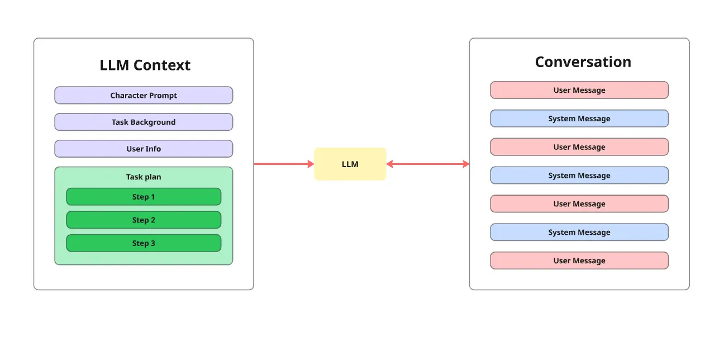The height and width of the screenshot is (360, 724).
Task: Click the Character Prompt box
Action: tap(144, 96)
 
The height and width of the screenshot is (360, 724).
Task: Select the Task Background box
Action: tap(144, 122)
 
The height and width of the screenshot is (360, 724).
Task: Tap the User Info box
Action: tap(144, 149)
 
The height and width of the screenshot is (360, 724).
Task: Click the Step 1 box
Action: tap(144, 197)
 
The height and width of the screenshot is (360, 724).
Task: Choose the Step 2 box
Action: tap(144, 220)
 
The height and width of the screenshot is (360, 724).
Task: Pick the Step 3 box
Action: tap(144, 243)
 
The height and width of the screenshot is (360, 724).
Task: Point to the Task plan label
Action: tap(144, 177)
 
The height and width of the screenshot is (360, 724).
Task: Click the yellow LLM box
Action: tap(350, 164)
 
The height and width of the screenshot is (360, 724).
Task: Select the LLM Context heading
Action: tap(145, 65)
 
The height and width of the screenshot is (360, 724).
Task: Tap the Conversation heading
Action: tap(583, 62)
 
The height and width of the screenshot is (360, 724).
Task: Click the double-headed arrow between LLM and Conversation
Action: tap(427, 164)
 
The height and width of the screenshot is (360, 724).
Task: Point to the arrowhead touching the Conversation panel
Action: tap(465, 164)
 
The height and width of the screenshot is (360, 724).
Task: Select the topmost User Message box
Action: tap(579, 90)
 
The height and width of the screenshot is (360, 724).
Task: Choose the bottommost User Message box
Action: tap(579, 261)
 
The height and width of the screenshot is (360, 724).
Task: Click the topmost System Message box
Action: tap(579, 119)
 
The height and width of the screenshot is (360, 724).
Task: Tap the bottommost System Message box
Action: tap(579, 233)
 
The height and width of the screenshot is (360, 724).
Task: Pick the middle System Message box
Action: tap(579, 176)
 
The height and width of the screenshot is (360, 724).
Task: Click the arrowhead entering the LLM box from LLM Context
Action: tap(310, 164)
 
